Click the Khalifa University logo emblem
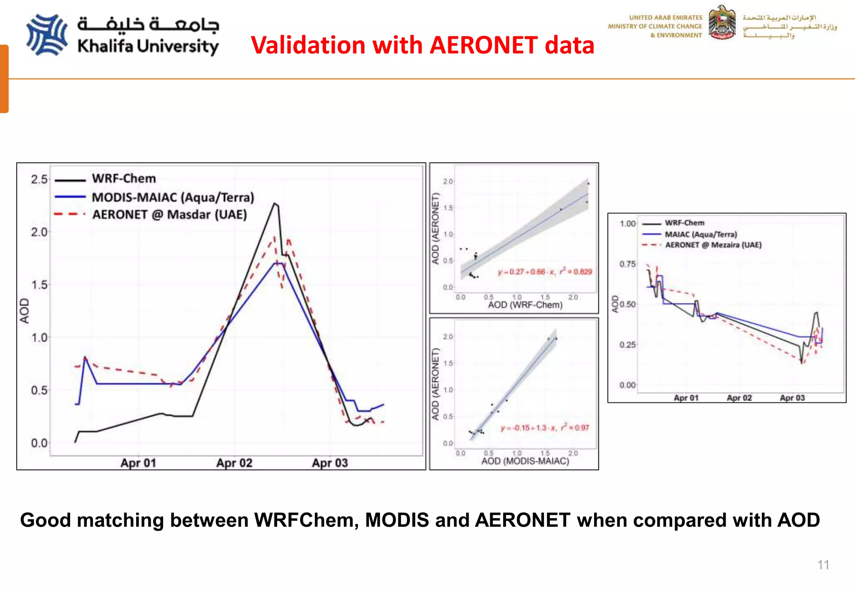click(47, 35)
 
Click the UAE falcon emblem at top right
click(722, 23)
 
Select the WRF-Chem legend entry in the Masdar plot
click(124, 179)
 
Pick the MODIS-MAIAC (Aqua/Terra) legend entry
click(172, 197)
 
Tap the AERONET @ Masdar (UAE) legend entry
click(169, 215)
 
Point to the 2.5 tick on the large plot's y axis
click(39, 180)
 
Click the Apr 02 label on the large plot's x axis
click(234, 463)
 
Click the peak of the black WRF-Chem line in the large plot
click(275, 204)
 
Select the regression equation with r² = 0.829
click(545, 272)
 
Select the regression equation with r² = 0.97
click(545, 428)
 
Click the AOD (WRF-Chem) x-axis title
click(525, 305)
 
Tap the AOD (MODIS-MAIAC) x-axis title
click(525, 461)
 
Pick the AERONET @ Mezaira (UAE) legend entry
click(713, 245)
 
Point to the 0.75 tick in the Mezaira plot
click(627, 264)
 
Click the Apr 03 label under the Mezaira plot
click(792, 398)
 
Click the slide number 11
click(823, 565)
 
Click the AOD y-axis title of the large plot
click(25, 311)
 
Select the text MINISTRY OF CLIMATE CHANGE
click(655, 26)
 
